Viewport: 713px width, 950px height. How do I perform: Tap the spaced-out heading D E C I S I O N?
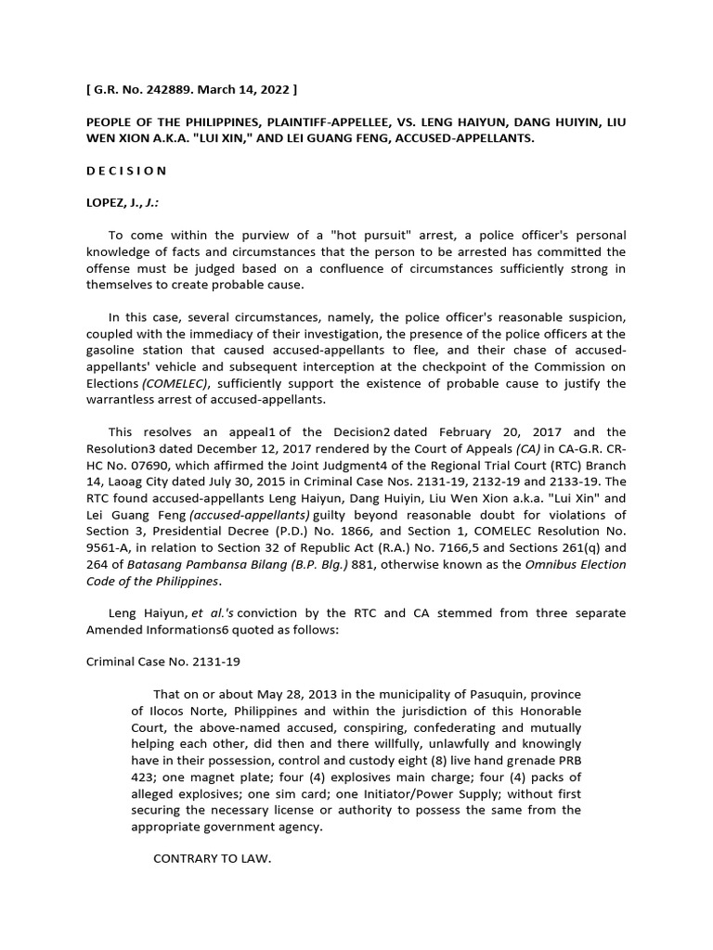click(x=126, y=171)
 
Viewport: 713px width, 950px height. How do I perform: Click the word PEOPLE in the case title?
click(x=112, y=122)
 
